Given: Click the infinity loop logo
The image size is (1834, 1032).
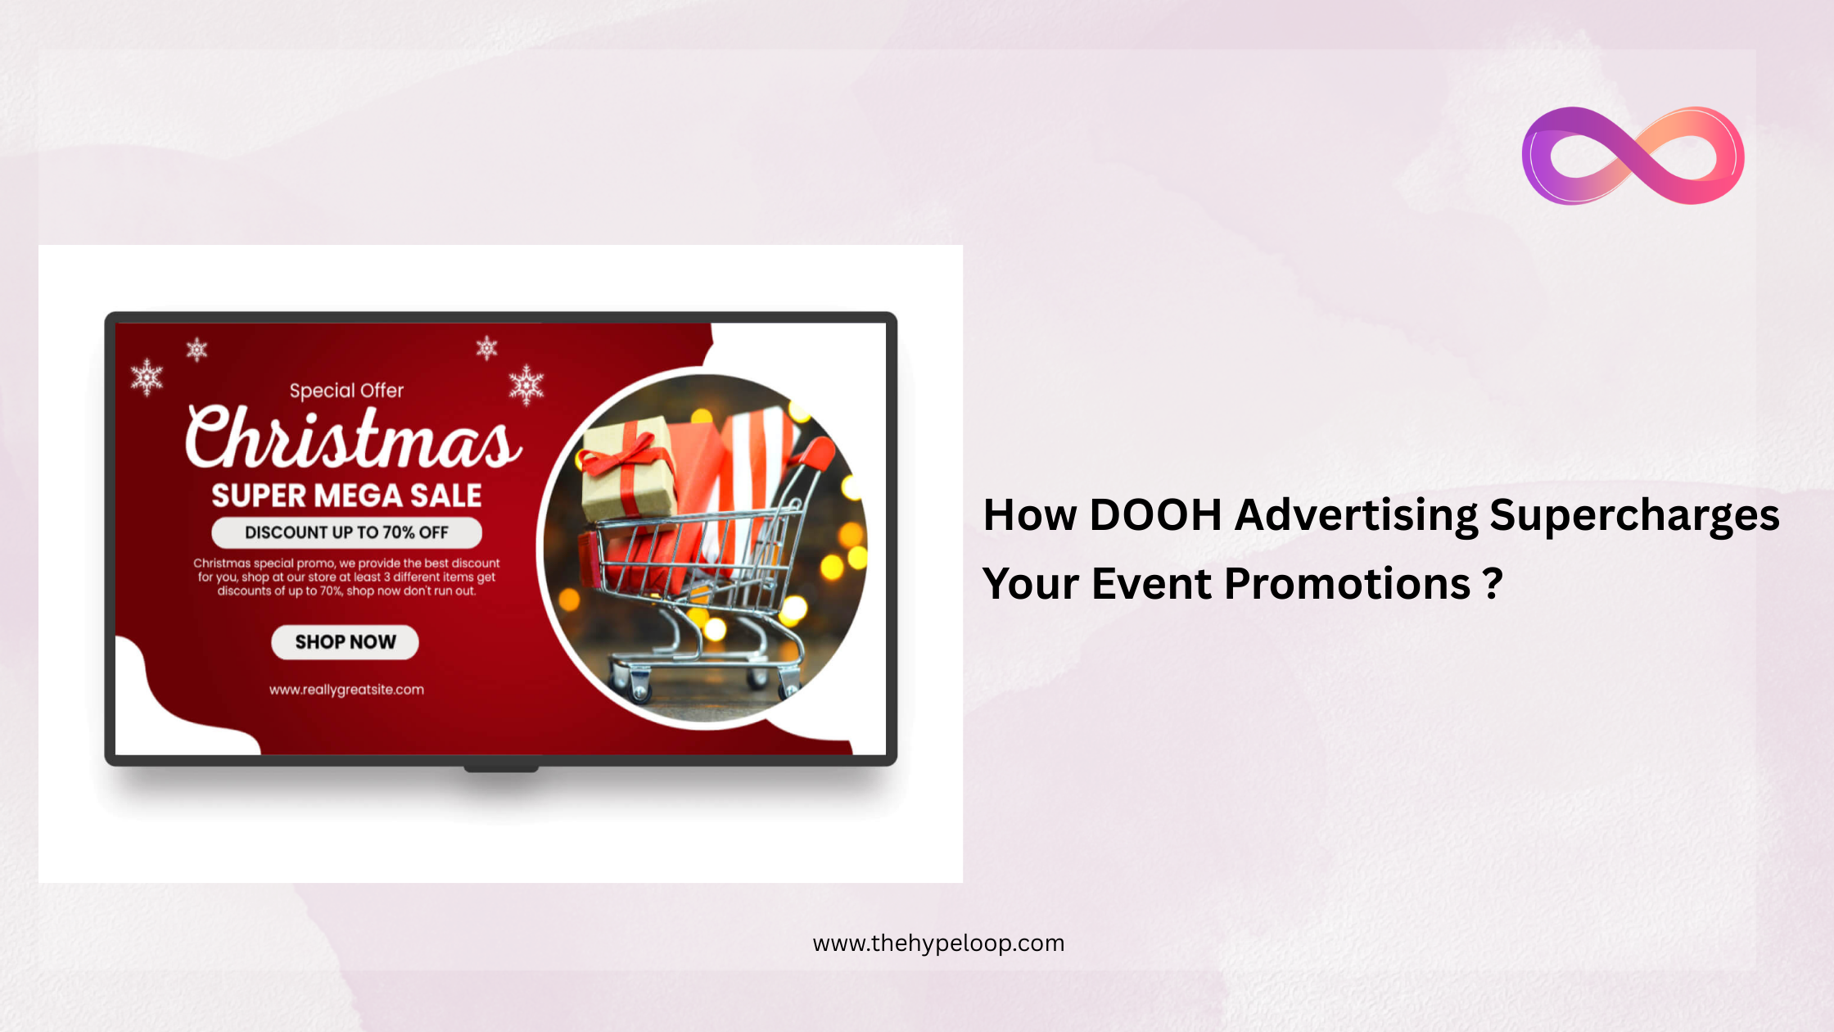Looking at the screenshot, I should [1633, 156].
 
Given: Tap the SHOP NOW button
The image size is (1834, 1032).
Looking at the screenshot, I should [345, 642].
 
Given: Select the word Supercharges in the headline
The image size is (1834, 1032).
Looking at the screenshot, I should [1634, 517].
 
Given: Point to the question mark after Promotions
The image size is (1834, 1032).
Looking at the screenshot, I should [1493, 584].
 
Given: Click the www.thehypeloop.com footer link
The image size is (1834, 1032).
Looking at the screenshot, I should [938, 944].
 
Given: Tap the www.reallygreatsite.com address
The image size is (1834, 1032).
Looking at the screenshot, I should [346, 690].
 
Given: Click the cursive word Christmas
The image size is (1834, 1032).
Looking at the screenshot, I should [352, 438].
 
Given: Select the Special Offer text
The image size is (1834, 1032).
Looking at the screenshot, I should [346, 391].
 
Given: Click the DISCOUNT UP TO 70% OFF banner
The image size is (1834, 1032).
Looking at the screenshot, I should [346, 532].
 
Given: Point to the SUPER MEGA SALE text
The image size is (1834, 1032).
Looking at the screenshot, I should [346, 496].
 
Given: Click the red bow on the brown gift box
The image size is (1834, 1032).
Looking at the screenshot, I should [626, 455].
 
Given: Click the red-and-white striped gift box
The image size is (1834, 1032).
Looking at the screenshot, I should [757, 459].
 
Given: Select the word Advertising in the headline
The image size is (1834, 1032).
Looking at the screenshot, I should [1356, 517].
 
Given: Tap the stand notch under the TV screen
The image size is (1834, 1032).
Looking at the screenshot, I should [501, 768].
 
